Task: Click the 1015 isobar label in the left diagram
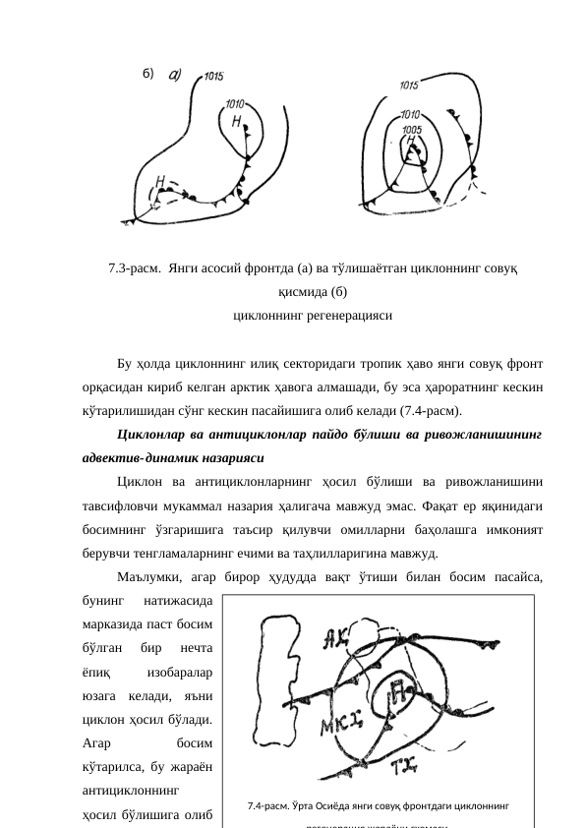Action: point(214,76)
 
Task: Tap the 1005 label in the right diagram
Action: point(413,129)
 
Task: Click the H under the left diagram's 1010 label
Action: point(237,121)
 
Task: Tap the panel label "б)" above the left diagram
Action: point(149,74)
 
